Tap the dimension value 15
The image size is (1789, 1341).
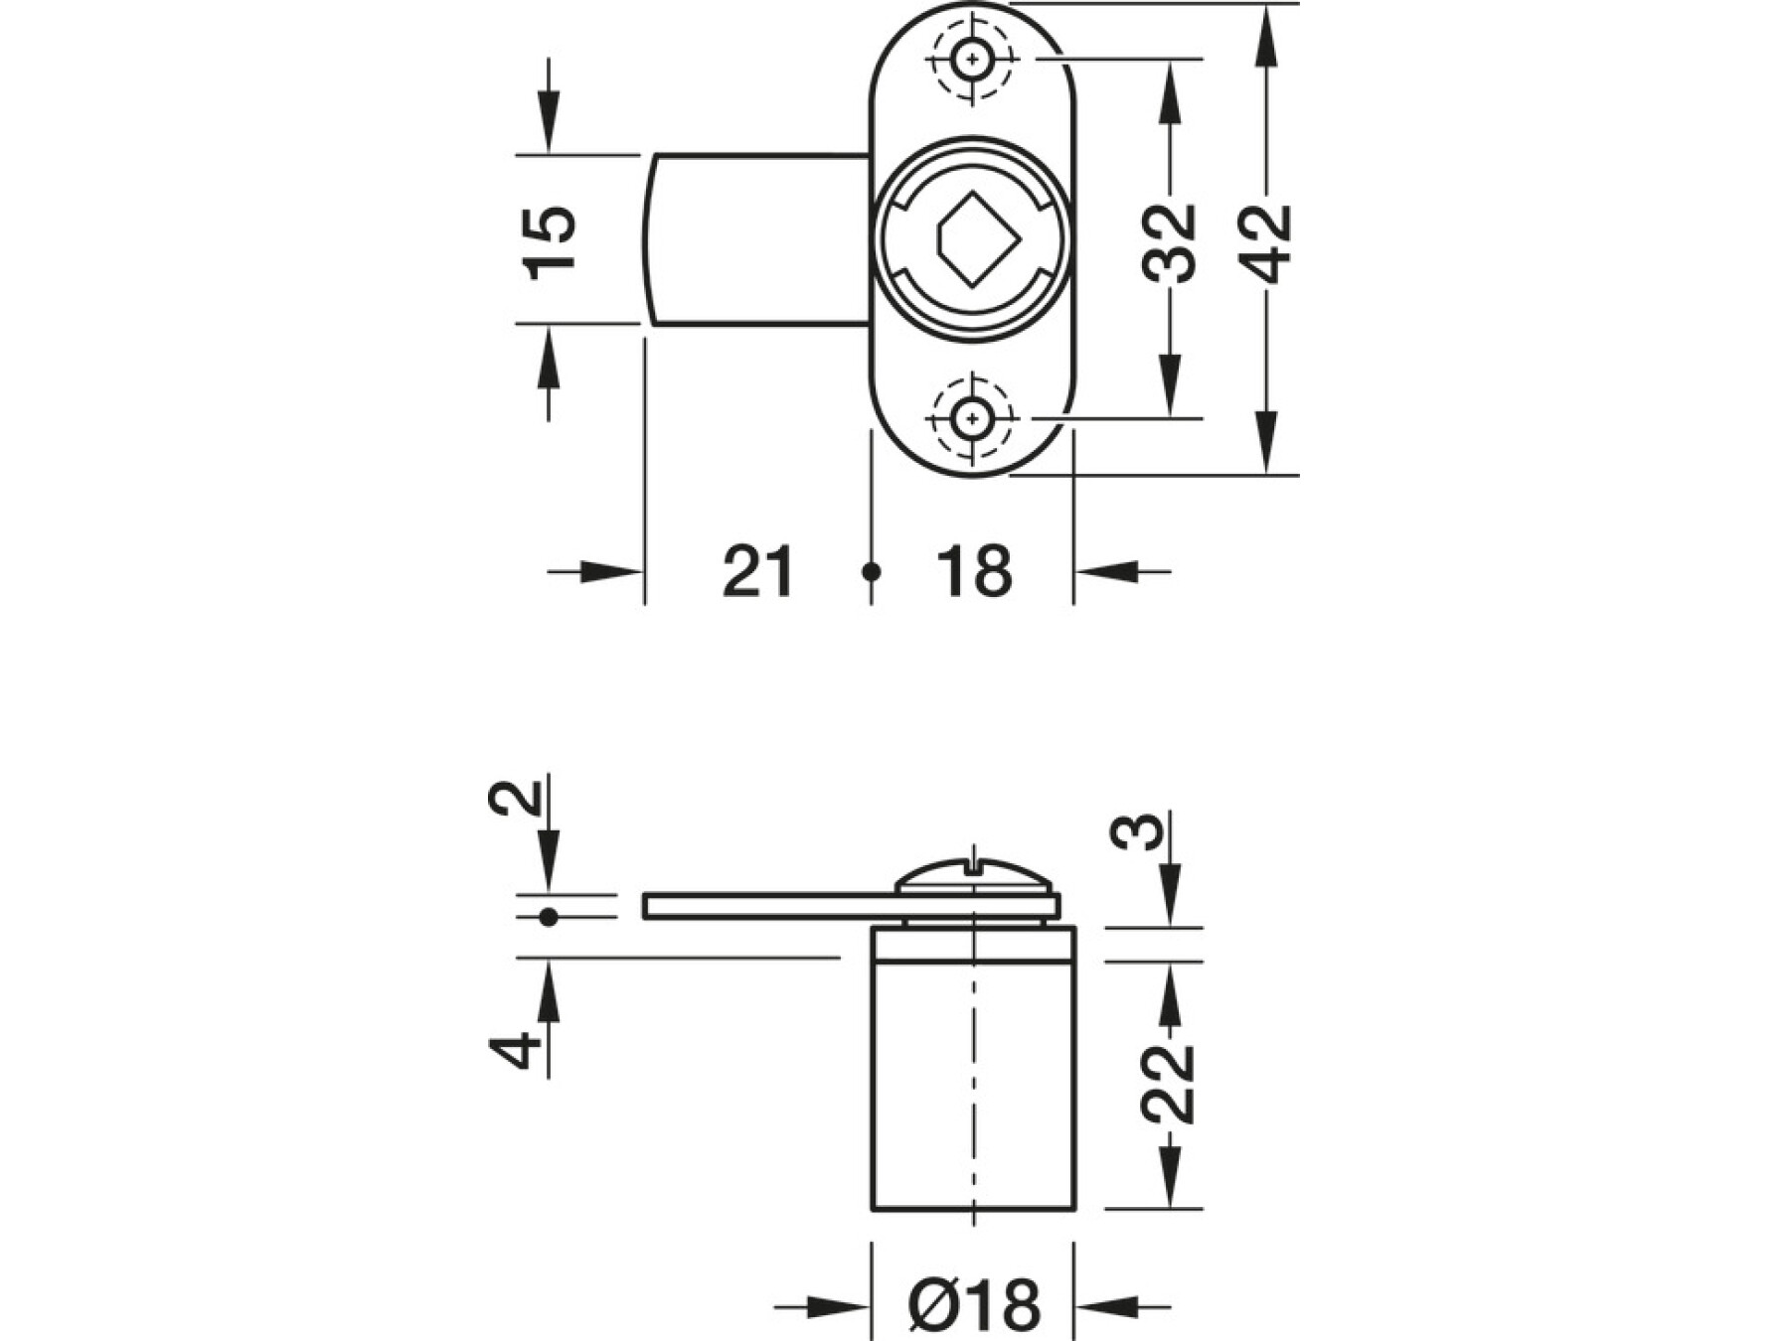(550, 242)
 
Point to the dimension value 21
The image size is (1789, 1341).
(758, 572)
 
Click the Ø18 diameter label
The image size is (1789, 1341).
(974, 1305)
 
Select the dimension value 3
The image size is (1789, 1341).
(1136, 832)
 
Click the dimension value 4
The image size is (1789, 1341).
(516, 1051)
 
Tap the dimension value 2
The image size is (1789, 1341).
(516, 798)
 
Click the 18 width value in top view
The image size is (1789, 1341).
(974, 572)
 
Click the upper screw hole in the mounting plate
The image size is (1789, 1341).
(971, 60)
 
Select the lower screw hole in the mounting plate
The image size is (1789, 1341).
(971, 419)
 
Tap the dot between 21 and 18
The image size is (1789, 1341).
(872, 572)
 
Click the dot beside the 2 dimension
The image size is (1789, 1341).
(548, 917)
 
